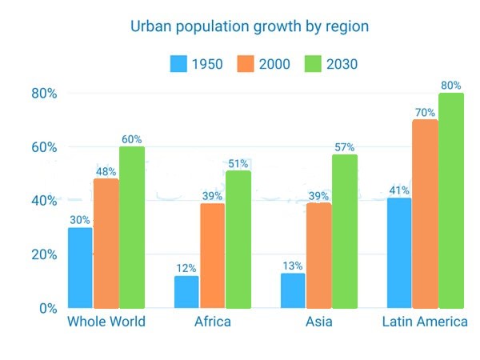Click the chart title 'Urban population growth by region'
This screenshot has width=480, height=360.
pos(250,27)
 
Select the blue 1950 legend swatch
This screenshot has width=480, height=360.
pos(178,64)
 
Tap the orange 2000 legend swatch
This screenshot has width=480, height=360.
pos(246,64)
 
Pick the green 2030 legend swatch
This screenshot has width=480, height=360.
pos(313,64)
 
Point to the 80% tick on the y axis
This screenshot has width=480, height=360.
pos(44,94)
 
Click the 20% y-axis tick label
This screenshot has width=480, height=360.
pos(44,254)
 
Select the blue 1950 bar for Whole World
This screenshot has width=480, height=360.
pos(80,268)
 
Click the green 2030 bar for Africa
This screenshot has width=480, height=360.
pos(238,239)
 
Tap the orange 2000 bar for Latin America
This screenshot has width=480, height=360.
pos(425,214)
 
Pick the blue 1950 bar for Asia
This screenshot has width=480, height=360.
pos(293,291)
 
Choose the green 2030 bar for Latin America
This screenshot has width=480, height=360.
pos(451,201)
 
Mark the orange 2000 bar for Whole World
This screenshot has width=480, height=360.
pos(106,243)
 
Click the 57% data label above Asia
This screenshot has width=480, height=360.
pos(344,147)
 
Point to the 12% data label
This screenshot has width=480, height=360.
pos(186,269)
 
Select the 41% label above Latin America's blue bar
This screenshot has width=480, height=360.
pos(399,190)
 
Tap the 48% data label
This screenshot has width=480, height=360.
pos(106,172)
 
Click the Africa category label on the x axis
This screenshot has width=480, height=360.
pos(213,322)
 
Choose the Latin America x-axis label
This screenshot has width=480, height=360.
pos(425,322)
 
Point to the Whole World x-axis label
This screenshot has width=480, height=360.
pos(106,322)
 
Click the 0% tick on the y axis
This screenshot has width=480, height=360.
pos(48,308)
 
